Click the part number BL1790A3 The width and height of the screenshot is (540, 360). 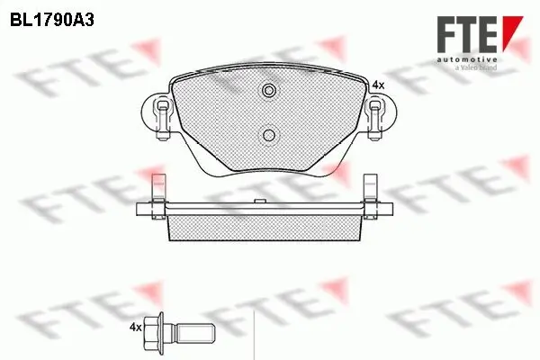[53, 18]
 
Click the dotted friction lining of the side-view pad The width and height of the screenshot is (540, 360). [267, 227]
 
